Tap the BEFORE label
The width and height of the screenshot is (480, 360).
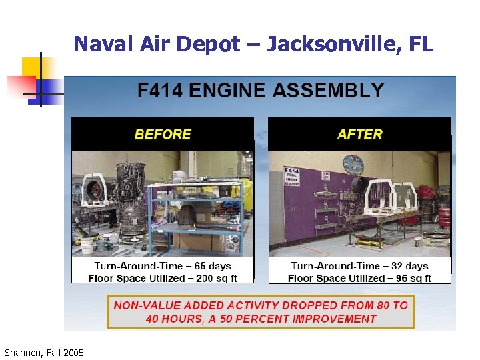[163, 134]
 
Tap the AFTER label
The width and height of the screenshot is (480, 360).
[360, 134]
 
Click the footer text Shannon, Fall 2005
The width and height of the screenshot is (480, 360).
[44, 352]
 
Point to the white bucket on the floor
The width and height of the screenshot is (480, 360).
[87, 245]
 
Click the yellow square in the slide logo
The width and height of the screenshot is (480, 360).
[32, 67]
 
